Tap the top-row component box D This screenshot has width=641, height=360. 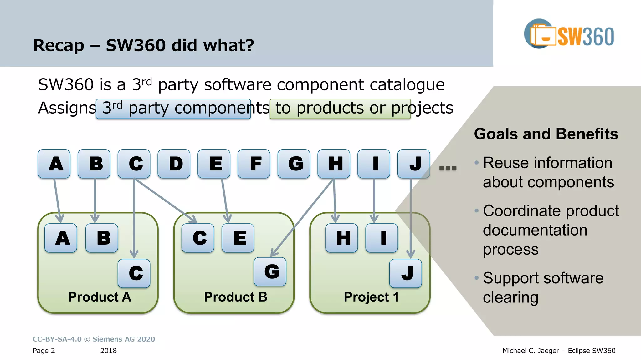pos(174,164)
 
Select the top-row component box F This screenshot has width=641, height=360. pos(254,164)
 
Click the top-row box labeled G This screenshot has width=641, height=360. pos(294,164)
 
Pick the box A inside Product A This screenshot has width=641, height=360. pos(61,238)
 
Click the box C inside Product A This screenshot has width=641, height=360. pos(134,273)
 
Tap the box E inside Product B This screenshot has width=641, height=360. pos(238,238)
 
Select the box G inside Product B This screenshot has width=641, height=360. pos(270,272)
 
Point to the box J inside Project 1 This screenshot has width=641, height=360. pos(406,273)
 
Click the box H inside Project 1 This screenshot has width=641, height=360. pos(342,238)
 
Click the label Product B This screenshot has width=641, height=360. pos(236,297)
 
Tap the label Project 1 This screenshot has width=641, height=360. pos(371,297)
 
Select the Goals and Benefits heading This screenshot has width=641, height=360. pos(546,134)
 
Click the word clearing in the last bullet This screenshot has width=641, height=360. pos(510,297)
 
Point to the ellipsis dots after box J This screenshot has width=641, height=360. pos(448,168)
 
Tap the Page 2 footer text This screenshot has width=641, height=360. pos(44,351)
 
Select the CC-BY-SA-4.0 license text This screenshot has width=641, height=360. pos(57,339)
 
